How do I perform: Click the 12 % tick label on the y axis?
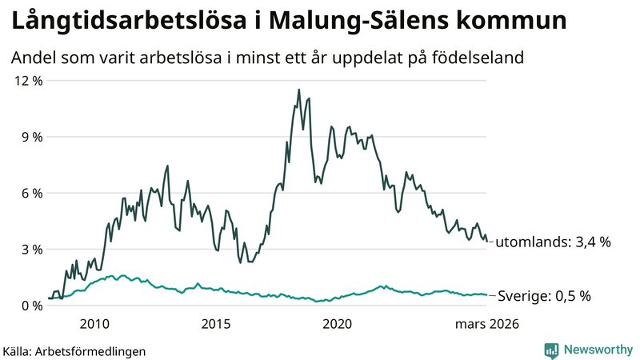pyautogui.click(x=26, y=80)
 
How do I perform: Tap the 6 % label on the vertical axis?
pyautogui.click(x=29, y=193)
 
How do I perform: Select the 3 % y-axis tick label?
pyautogui.click(x=29, y=249)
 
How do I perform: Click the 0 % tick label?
pyautogui.click(x=29, y=305)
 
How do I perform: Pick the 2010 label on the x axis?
pyautogui.click(x=94, y=324)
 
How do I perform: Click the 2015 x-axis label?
pyautogui.click(x=216, y=324)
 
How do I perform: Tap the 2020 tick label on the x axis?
pyautogui.click(x=337, y=324)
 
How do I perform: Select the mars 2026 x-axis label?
pyautogui.click(x=487, y=324)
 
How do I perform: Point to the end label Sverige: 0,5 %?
pyautogui.click(x=544, y=296)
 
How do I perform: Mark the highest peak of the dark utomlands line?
pyautogui.click(x=298, y=90)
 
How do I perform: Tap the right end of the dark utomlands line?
pyautogui.click(x=487, y=241)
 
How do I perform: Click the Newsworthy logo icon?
pyautogui.click(x=551, y=350)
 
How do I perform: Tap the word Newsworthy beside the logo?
pyautogui.click(x=597, y=350)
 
